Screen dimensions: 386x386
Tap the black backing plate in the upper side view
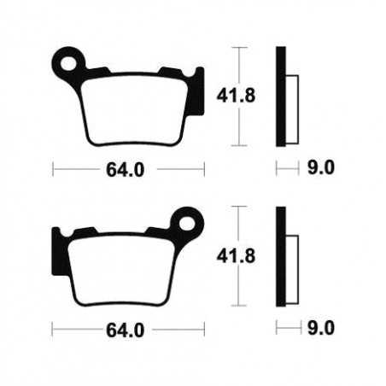tap(279, 95)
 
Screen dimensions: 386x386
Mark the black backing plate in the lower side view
tap(279, 255)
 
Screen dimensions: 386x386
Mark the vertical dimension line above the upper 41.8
tap(241, 64)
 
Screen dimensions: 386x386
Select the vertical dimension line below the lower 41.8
tap(241, 290)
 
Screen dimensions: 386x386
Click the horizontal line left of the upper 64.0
tap(77, 169)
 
